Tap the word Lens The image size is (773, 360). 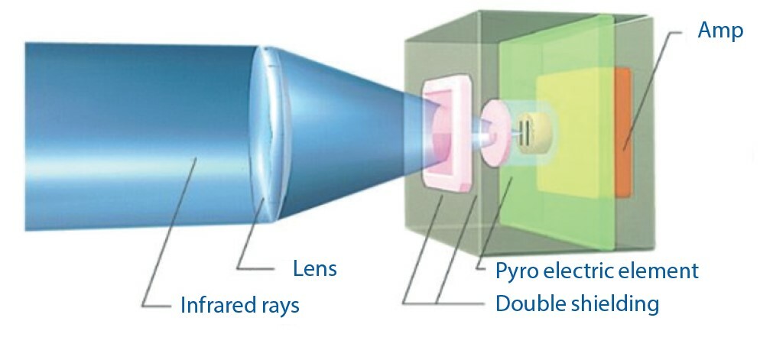pyautogui.click(x=315, y=269)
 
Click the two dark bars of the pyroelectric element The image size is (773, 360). pyautogui.click(x=526, y=128)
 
